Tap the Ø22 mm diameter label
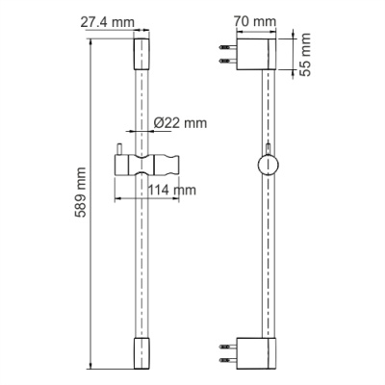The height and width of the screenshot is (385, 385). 181,123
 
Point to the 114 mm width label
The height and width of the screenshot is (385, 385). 172,190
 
